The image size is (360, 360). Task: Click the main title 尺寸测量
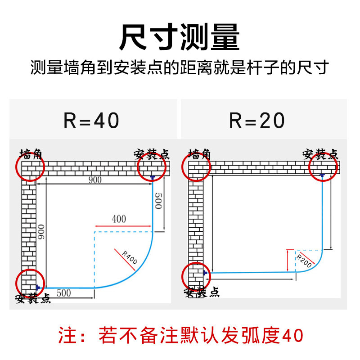(x=179, y=37)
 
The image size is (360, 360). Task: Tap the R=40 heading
(x=91, y=120)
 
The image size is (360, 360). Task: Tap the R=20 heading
(x=257, y=120)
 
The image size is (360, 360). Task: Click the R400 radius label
(x=130, y=257)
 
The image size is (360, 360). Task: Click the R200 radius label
(x=304, y=261)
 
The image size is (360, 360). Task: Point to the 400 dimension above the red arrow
(x=119, y=219)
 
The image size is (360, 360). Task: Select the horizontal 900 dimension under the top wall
(x=95, y=180)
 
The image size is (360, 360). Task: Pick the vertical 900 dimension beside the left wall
(x=41, y=232)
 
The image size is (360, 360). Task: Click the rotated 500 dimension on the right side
(x=159, y=201)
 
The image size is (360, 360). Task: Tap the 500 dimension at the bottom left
(x=64, y=293)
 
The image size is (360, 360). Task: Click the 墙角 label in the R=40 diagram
(x=31, y=154)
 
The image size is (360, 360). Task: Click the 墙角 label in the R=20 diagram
(x=199, y=154)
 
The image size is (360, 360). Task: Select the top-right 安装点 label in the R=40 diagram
(x=152, y=154)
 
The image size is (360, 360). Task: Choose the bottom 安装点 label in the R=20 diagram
(x=202, y=292)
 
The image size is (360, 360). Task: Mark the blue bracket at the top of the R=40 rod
(x=153, y=177)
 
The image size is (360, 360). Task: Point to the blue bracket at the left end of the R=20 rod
(x=205, y=273)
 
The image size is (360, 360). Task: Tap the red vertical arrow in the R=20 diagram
(x=288, y=261)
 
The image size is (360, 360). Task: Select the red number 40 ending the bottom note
(x=292, y=335)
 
